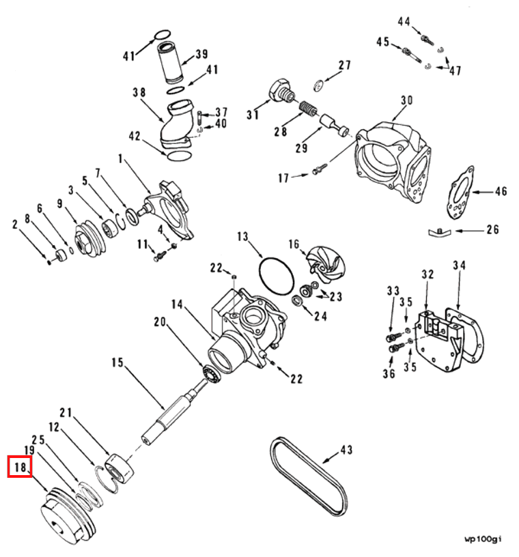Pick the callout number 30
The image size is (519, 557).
[x=406, y=100]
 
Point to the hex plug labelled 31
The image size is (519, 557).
[x=281, y=91]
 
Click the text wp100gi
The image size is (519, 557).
[x=483, y=539]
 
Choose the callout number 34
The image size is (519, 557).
[x=459, y=264]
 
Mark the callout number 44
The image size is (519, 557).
[x=404, y=22]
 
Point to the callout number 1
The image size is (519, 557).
[x=121, y=159]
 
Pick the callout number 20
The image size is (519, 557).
[x=160, y=322]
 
